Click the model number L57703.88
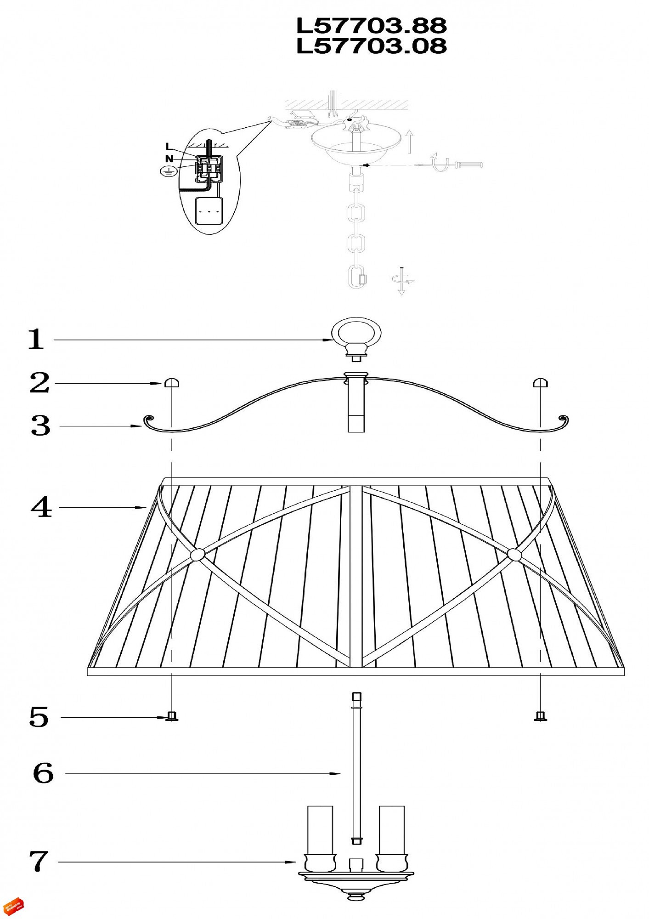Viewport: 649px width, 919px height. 371,26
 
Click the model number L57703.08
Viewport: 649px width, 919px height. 371,46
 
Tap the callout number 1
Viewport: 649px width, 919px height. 36,340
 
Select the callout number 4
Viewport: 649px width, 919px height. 41,508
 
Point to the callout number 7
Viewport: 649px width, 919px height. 39,861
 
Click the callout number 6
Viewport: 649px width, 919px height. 43,773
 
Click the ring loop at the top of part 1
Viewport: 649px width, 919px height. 356,332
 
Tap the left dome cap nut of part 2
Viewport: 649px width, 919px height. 172,383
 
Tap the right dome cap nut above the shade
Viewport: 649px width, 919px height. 540,383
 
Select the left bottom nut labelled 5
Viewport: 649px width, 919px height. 172,716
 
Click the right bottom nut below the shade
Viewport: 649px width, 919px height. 541,716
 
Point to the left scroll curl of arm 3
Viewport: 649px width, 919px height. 149,420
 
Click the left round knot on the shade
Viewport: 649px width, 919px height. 197,555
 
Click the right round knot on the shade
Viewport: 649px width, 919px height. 514,555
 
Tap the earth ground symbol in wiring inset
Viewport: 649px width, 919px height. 168,171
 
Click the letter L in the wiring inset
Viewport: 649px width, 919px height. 169,147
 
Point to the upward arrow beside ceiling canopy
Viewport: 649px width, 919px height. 409,142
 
